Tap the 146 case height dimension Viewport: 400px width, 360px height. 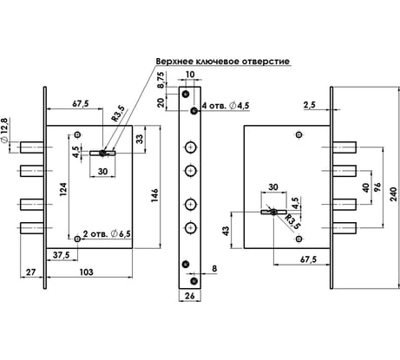click(154, 195)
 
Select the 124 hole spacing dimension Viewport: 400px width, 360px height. click(63, 189)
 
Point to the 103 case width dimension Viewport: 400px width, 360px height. click(87, 272)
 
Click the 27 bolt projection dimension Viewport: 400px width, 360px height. click(31, 272)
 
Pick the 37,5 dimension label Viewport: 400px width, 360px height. click(61, 255)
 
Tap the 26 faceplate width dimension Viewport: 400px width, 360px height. click(190, 296)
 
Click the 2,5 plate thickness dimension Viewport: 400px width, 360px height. click(310, 105)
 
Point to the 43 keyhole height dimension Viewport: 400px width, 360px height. click(226, 231)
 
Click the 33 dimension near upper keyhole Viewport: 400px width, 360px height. click(140, 139)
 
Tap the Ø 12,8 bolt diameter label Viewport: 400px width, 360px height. click(4, 130)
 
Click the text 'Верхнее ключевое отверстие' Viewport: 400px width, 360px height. click(222, 62)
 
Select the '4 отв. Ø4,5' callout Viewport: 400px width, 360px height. click(226, 106)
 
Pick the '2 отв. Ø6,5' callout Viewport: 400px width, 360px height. click(107, 233)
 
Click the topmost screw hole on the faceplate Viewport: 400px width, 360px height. click(186, 94)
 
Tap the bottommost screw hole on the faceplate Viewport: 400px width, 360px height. click(194, 281)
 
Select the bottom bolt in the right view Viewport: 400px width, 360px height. click(344, 228)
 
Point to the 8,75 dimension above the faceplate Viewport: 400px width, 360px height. click(161, 79)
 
